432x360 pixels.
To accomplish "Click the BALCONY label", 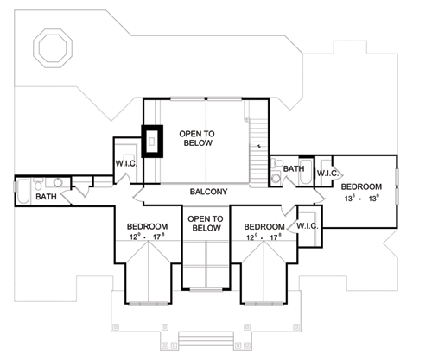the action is [x=208, y=192].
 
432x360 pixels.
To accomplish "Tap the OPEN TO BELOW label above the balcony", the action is [x=197, y=138].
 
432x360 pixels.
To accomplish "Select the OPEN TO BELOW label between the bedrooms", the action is [x=206, y=224].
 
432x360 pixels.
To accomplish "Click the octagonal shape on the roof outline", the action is [x=53, y=48].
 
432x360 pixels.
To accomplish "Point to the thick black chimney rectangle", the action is [x=152, y=142].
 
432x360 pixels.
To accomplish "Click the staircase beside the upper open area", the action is [x=258, y=153].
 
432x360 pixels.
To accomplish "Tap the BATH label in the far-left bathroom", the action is [x=46, y=197].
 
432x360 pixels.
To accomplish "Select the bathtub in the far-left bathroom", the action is [x=23, y=191].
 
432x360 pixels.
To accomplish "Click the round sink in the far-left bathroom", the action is [x=58, y=182].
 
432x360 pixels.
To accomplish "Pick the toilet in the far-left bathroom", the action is [x=38, y=184].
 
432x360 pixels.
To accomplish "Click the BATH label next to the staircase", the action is [x=294, y=168].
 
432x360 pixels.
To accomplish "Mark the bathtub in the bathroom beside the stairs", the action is [x=305, y=172].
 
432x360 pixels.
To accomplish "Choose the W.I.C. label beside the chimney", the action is [x=126, y=164].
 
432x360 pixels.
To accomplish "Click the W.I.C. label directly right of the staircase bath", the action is [x=327, y=174].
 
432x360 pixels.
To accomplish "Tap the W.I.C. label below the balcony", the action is [x=308, y=226].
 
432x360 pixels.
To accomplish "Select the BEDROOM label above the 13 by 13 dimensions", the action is [x=361, y=186].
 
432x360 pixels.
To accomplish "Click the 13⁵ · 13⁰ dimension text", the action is [x=361, y=199].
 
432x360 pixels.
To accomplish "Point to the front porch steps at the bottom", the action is [x=206, y=339].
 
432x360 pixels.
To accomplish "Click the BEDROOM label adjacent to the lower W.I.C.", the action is [x=264, y=227].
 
